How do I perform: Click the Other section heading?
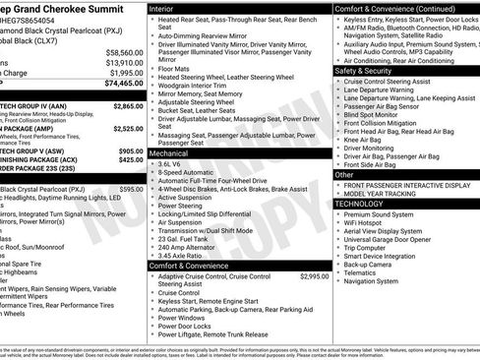[x=344, y=174]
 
